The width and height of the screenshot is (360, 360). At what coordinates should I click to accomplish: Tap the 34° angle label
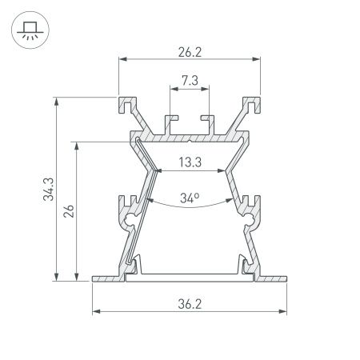coord(190,198)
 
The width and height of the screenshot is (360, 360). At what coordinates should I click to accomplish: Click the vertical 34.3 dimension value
coord(48,190)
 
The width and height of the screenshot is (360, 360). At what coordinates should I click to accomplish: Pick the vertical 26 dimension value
coord(70,212)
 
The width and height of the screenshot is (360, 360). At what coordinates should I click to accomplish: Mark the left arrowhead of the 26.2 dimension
coord(122,59)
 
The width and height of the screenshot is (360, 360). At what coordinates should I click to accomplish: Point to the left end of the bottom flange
coord(95,278)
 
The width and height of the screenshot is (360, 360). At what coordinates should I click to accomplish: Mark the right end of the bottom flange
coord(286,278)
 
